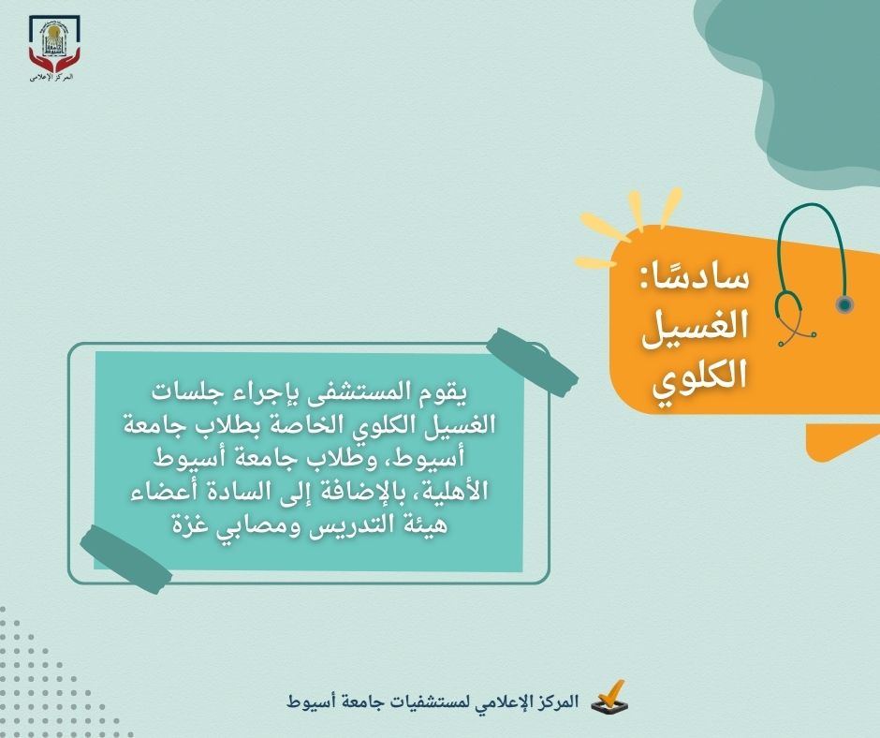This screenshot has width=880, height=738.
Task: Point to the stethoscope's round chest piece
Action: point(843,304)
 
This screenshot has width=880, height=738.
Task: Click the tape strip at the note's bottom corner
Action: point(125,559)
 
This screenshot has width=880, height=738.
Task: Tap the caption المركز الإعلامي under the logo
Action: point(52,77)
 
